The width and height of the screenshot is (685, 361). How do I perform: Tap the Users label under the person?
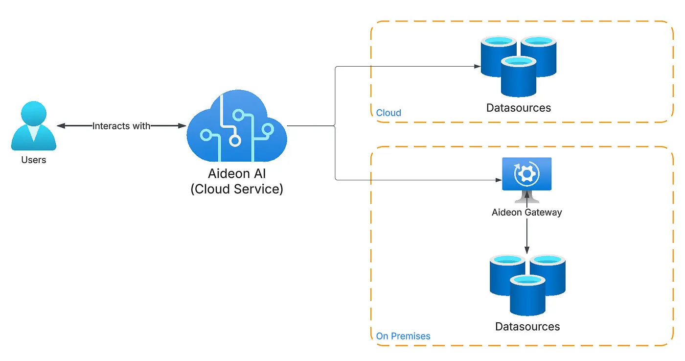(34, 160)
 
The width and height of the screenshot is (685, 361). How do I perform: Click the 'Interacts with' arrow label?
(121, 126)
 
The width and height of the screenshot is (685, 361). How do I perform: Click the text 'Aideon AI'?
(237, 174)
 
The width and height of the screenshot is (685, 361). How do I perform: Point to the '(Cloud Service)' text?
(237, 189)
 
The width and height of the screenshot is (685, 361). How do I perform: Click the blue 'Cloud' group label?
(388, 113)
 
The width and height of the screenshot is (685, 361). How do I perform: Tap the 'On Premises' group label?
(403, 336)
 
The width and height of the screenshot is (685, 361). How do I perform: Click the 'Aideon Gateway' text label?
(526, 213)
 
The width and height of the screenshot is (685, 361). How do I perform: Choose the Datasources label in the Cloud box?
(518, 108)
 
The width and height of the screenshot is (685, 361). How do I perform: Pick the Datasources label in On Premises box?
(527, 326)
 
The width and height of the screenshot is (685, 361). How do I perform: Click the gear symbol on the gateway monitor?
(526, 173)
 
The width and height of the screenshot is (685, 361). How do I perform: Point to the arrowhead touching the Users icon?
(61, 126)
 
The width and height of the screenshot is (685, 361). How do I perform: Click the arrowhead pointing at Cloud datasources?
(477, 66)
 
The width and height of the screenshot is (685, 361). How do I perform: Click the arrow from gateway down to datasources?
(526, 235)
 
